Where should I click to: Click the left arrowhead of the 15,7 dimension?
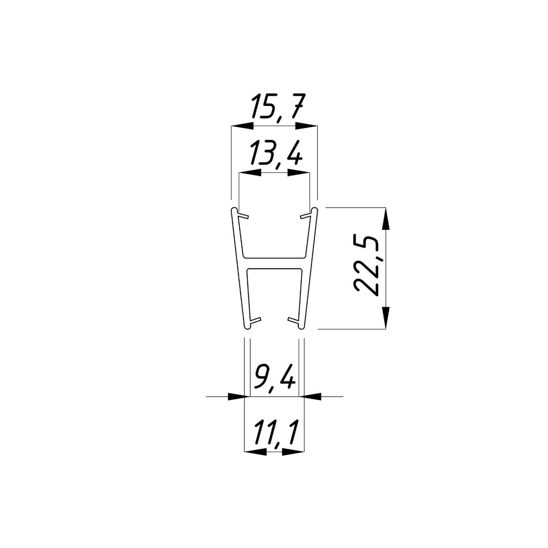click(242, 126)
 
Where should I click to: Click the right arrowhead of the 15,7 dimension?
click(306, 126)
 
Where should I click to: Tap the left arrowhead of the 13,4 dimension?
click(250, 173)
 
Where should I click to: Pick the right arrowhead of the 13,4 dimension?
click(298, 173)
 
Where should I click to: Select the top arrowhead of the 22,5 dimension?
click(385, 218)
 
